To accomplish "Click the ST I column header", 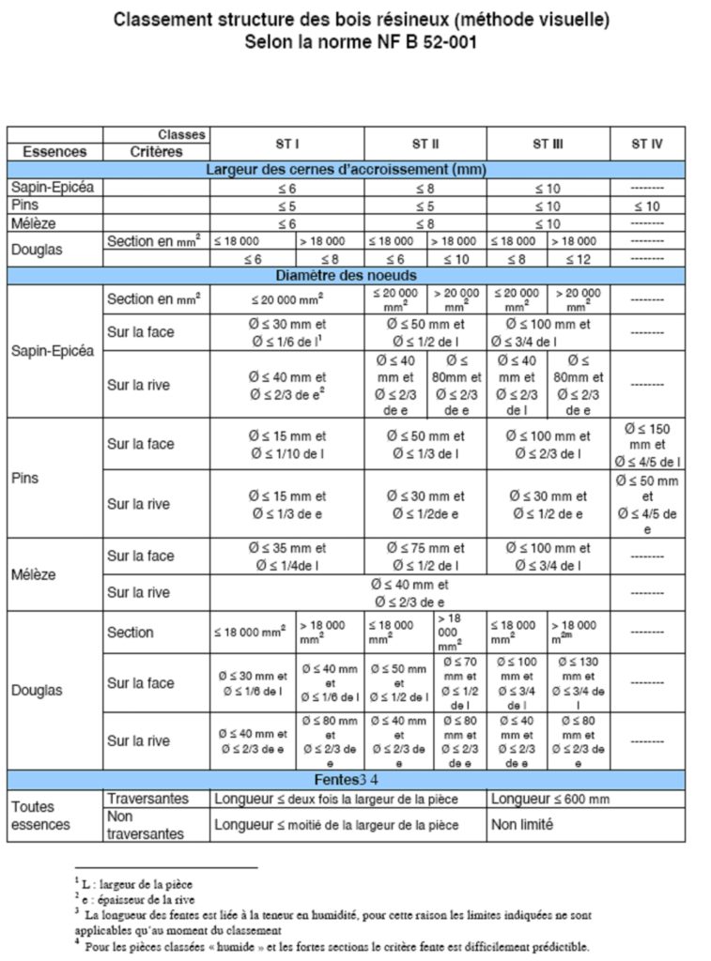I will (x=286, y=144).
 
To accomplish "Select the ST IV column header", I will (x=646, y=144).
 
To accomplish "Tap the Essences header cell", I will (x=54, y=151).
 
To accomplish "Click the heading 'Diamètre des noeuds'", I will (x=347, y=276).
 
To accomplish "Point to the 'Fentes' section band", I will (x=347, y=780).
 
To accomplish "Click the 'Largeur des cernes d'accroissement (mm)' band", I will (x=347, y=170).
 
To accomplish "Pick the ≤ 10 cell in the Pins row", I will (x=646, y=206).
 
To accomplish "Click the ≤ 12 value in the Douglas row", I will (x=577, y=259).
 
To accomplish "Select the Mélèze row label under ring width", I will (x=34, y=223).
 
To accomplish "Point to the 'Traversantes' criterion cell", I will (x=147, y=799).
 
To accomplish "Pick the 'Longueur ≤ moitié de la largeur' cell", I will (x=336, y=825).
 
